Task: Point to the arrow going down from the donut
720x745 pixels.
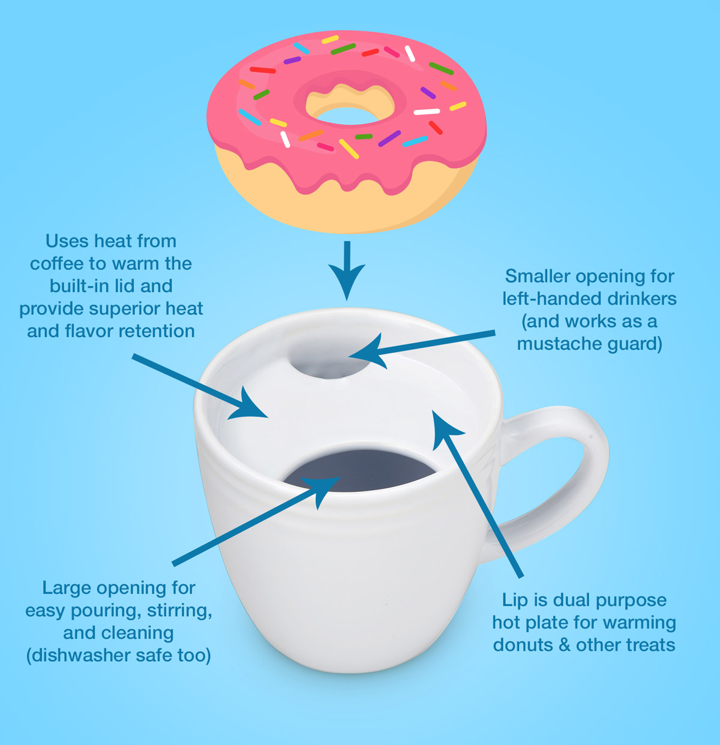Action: point(346,270)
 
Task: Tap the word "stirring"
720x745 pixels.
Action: point(179,611)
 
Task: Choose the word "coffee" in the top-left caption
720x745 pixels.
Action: point(57,264)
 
